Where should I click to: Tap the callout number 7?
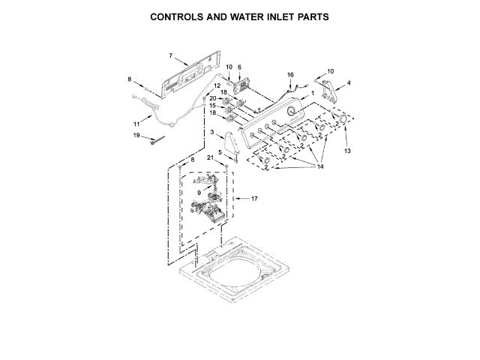coord(170,56)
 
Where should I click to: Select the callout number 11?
coord(136,123)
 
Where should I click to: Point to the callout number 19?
coord(136,135)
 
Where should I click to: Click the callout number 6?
coord(239,67)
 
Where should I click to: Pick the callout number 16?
coord(291,74)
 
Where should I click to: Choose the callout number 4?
coord(347,82)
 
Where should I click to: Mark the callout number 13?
coord(347,151)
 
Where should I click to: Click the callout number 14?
coord(320,166)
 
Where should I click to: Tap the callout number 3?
coord(213,133)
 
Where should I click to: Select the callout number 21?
coord(211,156)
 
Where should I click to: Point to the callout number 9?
coord(198,192)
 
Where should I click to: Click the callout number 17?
coord(253,199)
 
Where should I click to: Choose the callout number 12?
coord(217,86)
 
